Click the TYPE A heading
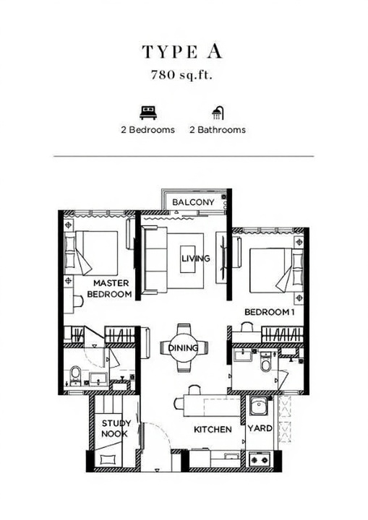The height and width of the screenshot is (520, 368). (x=182, y=52)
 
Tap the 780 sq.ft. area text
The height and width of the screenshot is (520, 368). (x=181, y=75)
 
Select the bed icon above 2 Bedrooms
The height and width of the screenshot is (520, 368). (x=148, y=113)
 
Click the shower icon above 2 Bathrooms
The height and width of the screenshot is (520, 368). (x=218, y=113)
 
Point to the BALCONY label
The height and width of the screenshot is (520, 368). (x=193, y=202)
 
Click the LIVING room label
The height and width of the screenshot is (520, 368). (x=196, y=258)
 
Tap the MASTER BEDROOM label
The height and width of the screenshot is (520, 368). (x=109, y=288)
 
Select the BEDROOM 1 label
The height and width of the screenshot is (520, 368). (x=270, y=312)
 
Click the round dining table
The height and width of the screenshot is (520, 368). (x=184, y=347)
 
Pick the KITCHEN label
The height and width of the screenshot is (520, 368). (x=213, y=430)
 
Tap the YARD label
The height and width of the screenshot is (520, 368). (x=260, y=428)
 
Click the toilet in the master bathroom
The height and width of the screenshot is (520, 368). (x=75, y=375)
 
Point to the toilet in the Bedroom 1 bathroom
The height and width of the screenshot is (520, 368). (x=266, y=362)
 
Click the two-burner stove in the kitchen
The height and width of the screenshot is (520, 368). (x=260, y=460)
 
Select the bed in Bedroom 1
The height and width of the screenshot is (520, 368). (x=276, y=270)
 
